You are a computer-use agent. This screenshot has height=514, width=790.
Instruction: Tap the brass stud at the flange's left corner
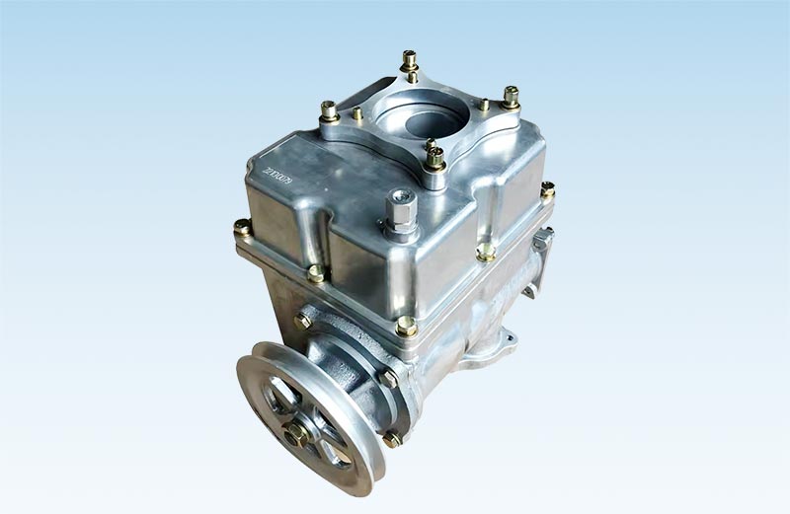pyautogui.click(x=330, y=110)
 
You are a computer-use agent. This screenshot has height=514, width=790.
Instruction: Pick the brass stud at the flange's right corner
pyautogui.click(x=511, y=98)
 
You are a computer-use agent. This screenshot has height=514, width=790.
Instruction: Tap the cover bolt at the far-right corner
pyautogui.click(x=547, y=189)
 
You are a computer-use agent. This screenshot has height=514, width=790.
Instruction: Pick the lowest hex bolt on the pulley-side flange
pyautogui.click(x=392, y=438)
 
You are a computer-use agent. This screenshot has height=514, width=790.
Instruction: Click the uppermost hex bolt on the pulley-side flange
pyautogui.click(x=303, y=320)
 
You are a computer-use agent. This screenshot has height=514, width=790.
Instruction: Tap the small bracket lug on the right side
pyautogui.click(x=542, y=239)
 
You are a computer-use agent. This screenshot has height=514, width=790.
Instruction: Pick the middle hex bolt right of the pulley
pyautogui.click(x=389, y=377)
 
